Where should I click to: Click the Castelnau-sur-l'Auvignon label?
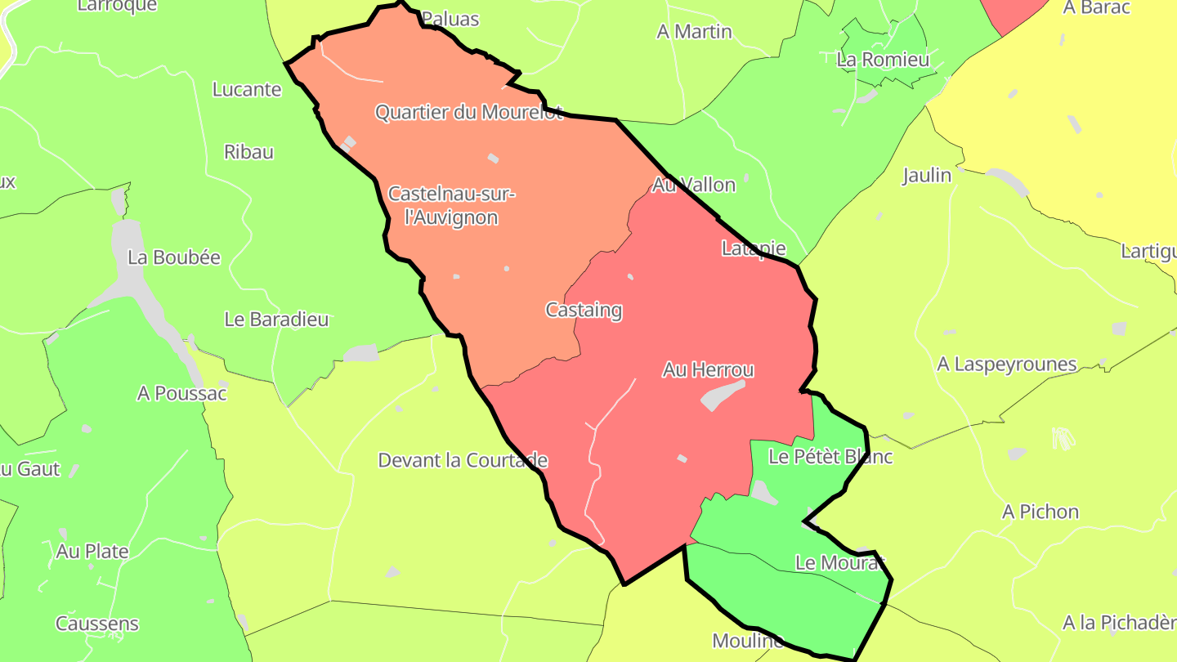451,206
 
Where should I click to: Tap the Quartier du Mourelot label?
468,113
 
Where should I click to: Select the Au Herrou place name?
708,370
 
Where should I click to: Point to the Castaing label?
584,311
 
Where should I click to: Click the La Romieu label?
883,60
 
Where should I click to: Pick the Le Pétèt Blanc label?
830,457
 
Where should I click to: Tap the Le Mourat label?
839,563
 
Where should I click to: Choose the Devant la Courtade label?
463,460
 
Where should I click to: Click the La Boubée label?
174,257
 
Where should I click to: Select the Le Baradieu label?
276,320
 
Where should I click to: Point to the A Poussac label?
181,394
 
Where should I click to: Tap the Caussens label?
97,624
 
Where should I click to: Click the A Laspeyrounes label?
1007,365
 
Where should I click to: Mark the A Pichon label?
1041,512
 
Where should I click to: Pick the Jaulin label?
927,176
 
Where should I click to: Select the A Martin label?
694,32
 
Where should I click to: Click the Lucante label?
247,90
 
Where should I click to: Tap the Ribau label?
248,152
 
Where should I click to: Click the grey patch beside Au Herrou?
723,395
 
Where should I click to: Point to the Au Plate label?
92,552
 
